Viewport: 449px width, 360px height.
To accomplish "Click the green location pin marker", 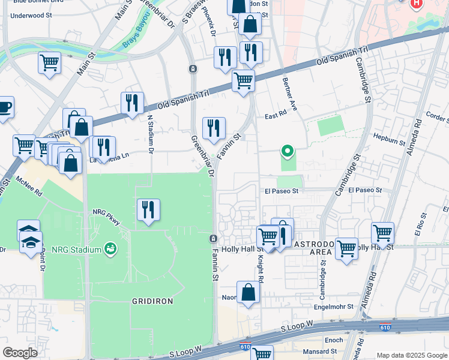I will click(x=288, y=151).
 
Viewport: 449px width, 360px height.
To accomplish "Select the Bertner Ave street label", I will click(x=289, y=95).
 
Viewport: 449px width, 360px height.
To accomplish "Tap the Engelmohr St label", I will click(x=339, y=307).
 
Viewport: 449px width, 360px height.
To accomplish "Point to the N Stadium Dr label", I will click(x=151, y=133).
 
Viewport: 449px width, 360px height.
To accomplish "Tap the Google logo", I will click(x=20, y=353).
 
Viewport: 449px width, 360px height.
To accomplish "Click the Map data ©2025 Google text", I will click(x=411, y=355).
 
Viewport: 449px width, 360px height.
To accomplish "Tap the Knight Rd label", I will click(x=261, y=268).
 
